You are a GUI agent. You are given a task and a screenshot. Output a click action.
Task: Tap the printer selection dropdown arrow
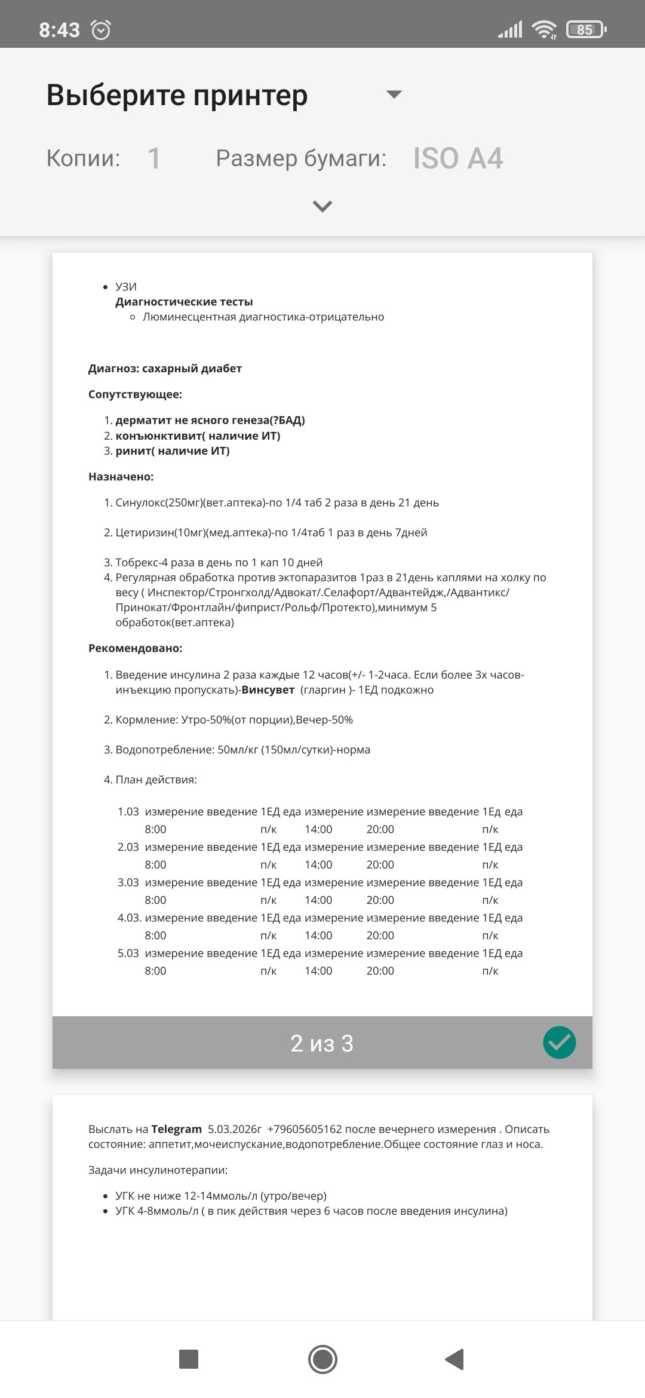pyautogui.click(x=394, y=94)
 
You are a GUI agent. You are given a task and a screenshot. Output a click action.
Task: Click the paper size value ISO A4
pyautogui.click(x=458, y=158)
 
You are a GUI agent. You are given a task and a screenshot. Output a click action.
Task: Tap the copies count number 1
pyautogui.click(x=154, y=158)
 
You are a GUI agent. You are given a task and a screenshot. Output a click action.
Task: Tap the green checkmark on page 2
pyautogui.click(x=560, y=1043)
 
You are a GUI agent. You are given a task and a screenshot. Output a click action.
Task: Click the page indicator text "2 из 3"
pyautogui.click(x=322, y=1043)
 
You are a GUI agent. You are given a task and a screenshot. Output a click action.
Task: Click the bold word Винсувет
pyautogui.click(x=268, y=690)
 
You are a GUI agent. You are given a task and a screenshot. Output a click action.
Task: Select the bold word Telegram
pyautogui.click(x=176, y=1129)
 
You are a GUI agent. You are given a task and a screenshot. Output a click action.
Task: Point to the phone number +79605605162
pyautogui.click(x=305, y=1129)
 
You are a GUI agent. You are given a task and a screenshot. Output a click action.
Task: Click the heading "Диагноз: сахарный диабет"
pyautogui.click(x=165, y=369)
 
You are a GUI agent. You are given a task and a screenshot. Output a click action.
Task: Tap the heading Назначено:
pyautogui.click(x=121, y=477)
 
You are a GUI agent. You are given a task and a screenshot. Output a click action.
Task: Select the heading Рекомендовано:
pyautogui.click(x=135, y=648)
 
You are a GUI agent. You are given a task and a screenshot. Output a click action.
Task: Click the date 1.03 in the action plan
pyautogui.click(x=128, y=812)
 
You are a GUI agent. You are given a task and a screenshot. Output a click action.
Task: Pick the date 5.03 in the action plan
pyautogui.click(x=128, y=954)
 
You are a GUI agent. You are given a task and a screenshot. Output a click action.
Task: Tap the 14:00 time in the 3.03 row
pyautogui.click(x=318, y=900)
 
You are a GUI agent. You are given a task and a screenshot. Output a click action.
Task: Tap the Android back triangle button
pyautogui.click(x=454, y=1359)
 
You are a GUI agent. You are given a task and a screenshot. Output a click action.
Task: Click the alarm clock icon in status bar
pyautogui.click(x=100, y=29)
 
